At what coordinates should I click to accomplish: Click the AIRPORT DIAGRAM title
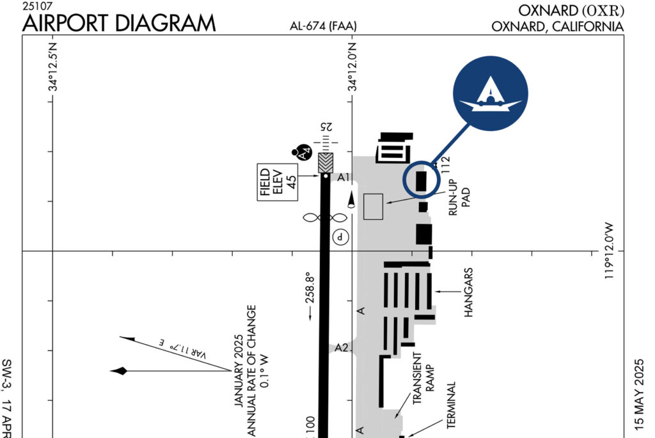(x=119, y=23)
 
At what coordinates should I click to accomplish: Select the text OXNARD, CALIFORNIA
(x=557, y=27)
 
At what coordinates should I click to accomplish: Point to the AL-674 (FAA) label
(x=323, y=27)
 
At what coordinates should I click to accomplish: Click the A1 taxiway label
(x=344, y=177)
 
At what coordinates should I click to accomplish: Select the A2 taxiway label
(x=342, y=348)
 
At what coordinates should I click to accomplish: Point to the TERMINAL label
(x=451, y=405)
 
